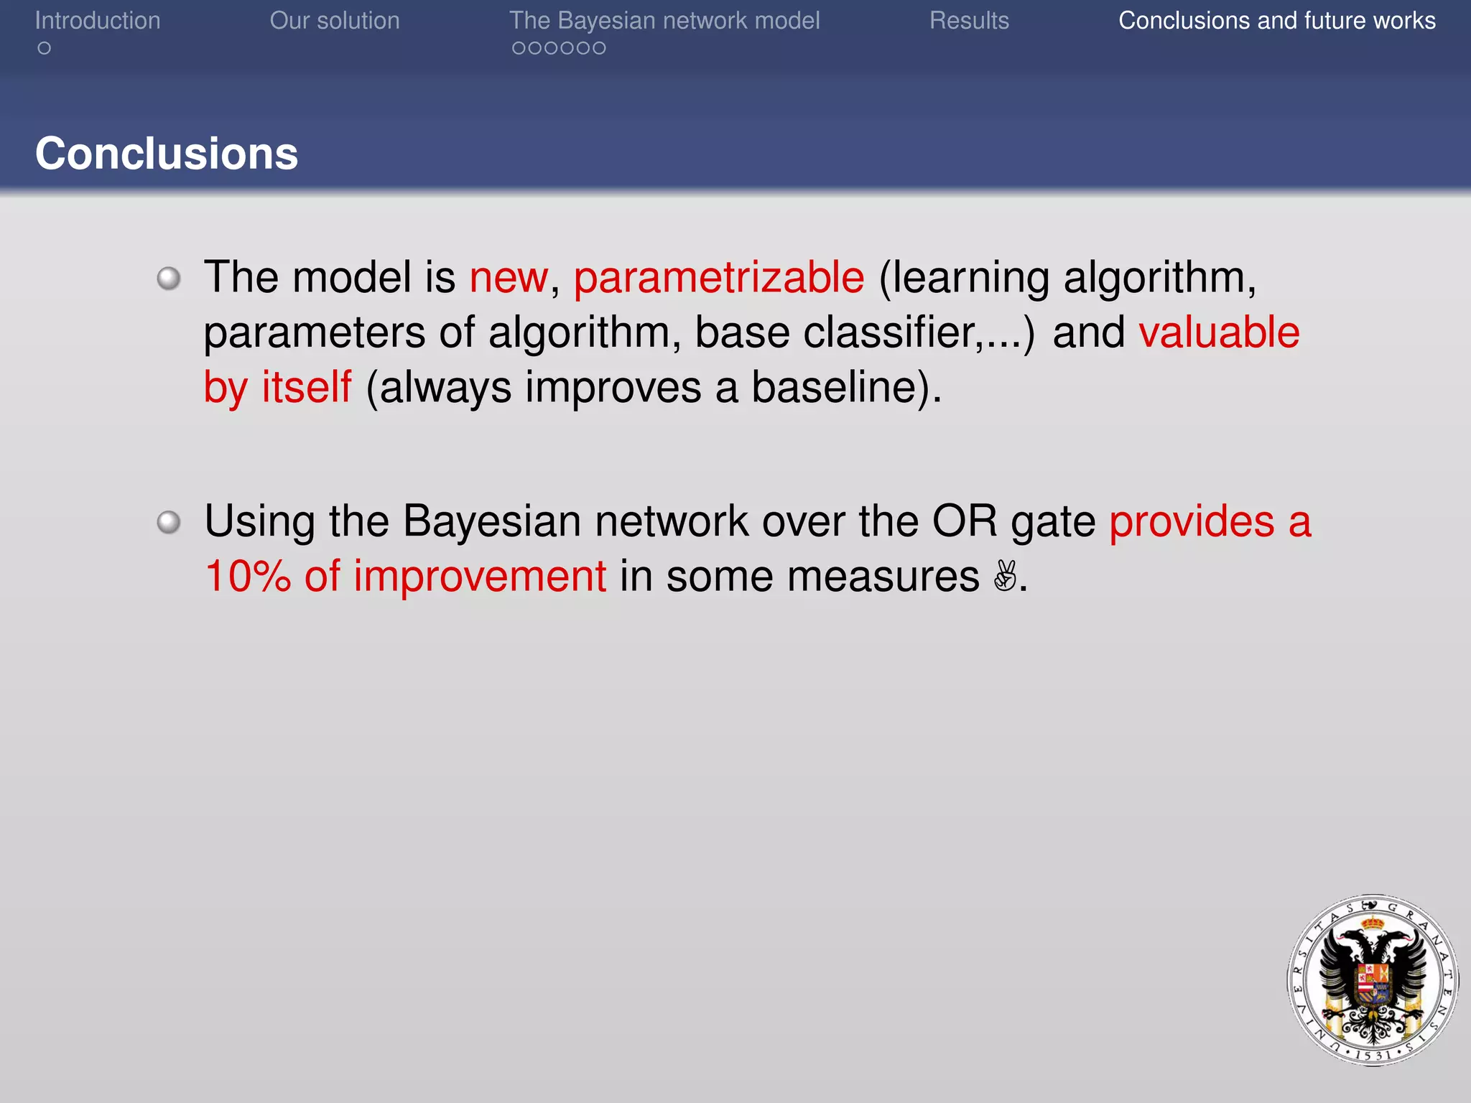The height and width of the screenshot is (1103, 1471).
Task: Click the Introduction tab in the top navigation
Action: pyautogui.click(x=98, y=21)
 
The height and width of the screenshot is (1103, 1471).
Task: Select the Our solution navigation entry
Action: pyautogui.click(x=335, y=21)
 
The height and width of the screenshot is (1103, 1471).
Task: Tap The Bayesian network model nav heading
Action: pyautogui.click(x=664, y=21)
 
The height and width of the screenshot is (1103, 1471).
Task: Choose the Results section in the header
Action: pyautogui.click(x=969, y=21)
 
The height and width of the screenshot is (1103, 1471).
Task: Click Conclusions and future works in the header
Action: pyautogui.click(x=1277, y=21)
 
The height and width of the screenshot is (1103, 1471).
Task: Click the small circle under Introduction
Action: pyautogui.click(x=45, y=48)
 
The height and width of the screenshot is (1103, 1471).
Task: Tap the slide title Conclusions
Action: pyautogui.click(x=167, y=154)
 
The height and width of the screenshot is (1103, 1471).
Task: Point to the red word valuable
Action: pyautogui.click(x=1219, y=332)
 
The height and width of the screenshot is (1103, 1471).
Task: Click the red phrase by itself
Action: pyautogui.click(x=278, y=388)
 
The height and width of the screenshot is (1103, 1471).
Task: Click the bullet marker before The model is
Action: pyautogui.click(x=169, y=278)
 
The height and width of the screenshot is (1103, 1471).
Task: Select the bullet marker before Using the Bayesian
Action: pyautogui.click(x=169, y=522)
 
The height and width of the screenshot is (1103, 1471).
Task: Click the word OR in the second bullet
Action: pyautogui.click(x=965, y=521)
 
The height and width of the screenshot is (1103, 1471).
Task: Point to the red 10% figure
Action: pyautogui.click(x=248, y=576)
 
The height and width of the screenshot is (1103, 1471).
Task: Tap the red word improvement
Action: pyautogui.click(x=480, y=576)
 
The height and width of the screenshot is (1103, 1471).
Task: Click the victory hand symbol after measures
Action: pyautogui.click(x=1005, y=576)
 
